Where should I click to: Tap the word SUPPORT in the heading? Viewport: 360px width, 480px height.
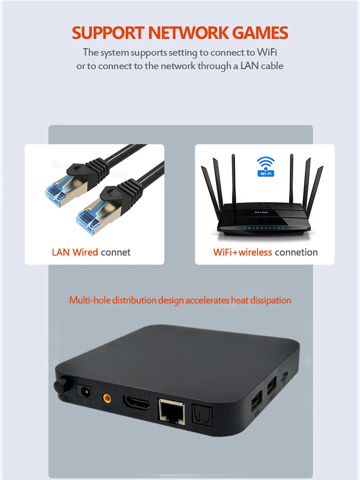coord(108,33)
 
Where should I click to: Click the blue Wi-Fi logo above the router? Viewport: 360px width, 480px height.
coord(265,166)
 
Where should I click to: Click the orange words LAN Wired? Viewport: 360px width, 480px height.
coord(75,252)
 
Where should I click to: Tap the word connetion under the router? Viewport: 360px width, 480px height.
coord(296,252)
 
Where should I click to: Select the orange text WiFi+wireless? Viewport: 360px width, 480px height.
coord(242,252)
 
